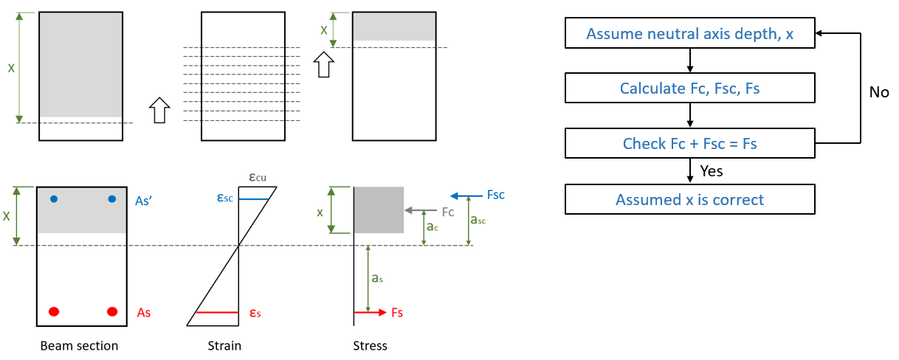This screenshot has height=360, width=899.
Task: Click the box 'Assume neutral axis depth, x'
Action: click(689, 34)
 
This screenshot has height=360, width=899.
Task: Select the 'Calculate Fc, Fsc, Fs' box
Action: click(689, 89)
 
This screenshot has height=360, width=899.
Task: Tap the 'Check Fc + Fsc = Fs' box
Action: click(689, 143)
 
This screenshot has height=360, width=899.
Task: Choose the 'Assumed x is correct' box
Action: click(689, 199)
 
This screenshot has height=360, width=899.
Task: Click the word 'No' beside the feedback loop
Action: click(878, 93)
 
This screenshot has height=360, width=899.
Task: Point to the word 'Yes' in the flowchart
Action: click(711, 171)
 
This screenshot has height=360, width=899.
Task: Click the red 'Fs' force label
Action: click(397, 313)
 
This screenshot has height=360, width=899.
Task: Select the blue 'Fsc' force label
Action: click(496, 195)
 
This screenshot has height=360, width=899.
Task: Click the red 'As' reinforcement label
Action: click(144, 313)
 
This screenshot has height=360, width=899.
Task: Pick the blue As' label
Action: click(145, 200)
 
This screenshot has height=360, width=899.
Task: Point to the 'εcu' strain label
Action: click(257, 178)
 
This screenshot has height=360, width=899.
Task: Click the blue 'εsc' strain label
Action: click(225, 198)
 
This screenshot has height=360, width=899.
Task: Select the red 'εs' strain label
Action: click(255, 313)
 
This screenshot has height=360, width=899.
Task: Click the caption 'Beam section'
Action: click(79, 345)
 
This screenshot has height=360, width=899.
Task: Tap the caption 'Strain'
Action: click(225, 345)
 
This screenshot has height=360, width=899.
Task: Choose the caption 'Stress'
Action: click(371, 345)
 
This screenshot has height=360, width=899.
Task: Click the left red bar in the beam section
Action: click(54, 312)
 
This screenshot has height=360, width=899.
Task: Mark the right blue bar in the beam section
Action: click(112, 198)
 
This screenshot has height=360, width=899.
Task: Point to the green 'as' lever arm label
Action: click(376, 278)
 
